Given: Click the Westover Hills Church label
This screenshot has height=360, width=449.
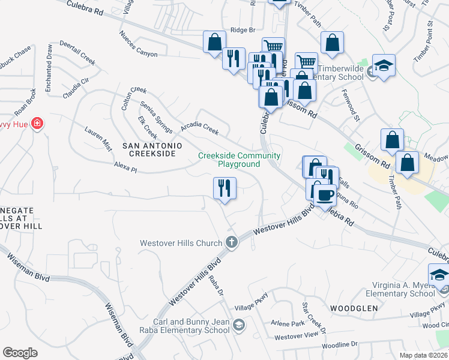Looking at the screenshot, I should pyautogui.click(x=181, y=243).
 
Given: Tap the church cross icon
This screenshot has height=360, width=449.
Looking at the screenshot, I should pyautogui.click(x=232, y=243).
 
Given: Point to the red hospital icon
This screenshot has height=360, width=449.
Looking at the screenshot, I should pyautogui.click(x=37, y=122).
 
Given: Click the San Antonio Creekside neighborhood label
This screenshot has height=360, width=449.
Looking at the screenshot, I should pyautogui.click(x=149, y=149).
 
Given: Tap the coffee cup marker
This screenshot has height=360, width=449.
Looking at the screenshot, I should pyautogui.click(x=325, y=196).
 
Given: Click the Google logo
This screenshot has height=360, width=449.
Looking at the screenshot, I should pyautogui.click(x=20, y=353).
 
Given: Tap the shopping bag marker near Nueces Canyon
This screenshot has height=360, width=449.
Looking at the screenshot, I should pyautogui.click(x=214, y=43).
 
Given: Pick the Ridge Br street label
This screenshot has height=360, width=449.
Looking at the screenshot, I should pyautogui.click(x=243, y=30).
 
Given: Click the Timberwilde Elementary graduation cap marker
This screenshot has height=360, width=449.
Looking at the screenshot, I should pyautogui.click(x=383, y=65).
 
